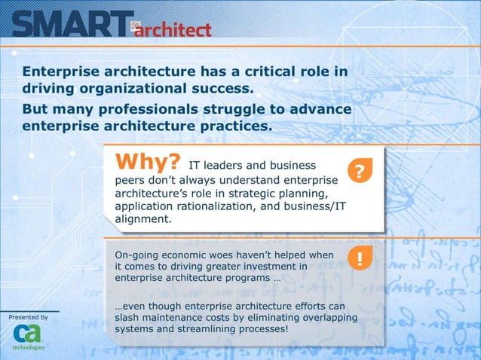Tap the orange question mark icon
pos(360,172)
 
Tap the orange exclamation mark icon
pos(360,261)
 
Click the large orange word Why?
pos(147,163)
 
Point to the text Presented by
pos(28,317)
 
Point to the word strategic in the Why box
pos(262,194)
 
